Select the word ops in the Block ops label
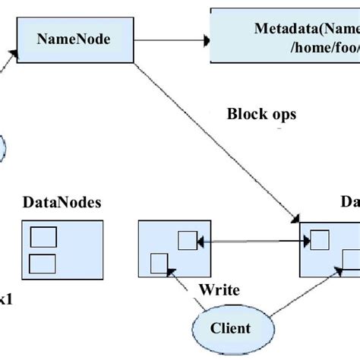click(x=281, y=116)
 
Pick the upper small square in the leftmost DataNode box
click(x=42, y=238)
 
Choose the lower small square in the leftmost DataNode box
click(x=42, y=263)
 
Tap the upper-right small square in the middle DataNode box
click(x=187, y=241)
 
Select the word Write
click(x=219, y=289)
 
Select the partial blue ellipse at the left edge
click(x=2, y=147)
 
